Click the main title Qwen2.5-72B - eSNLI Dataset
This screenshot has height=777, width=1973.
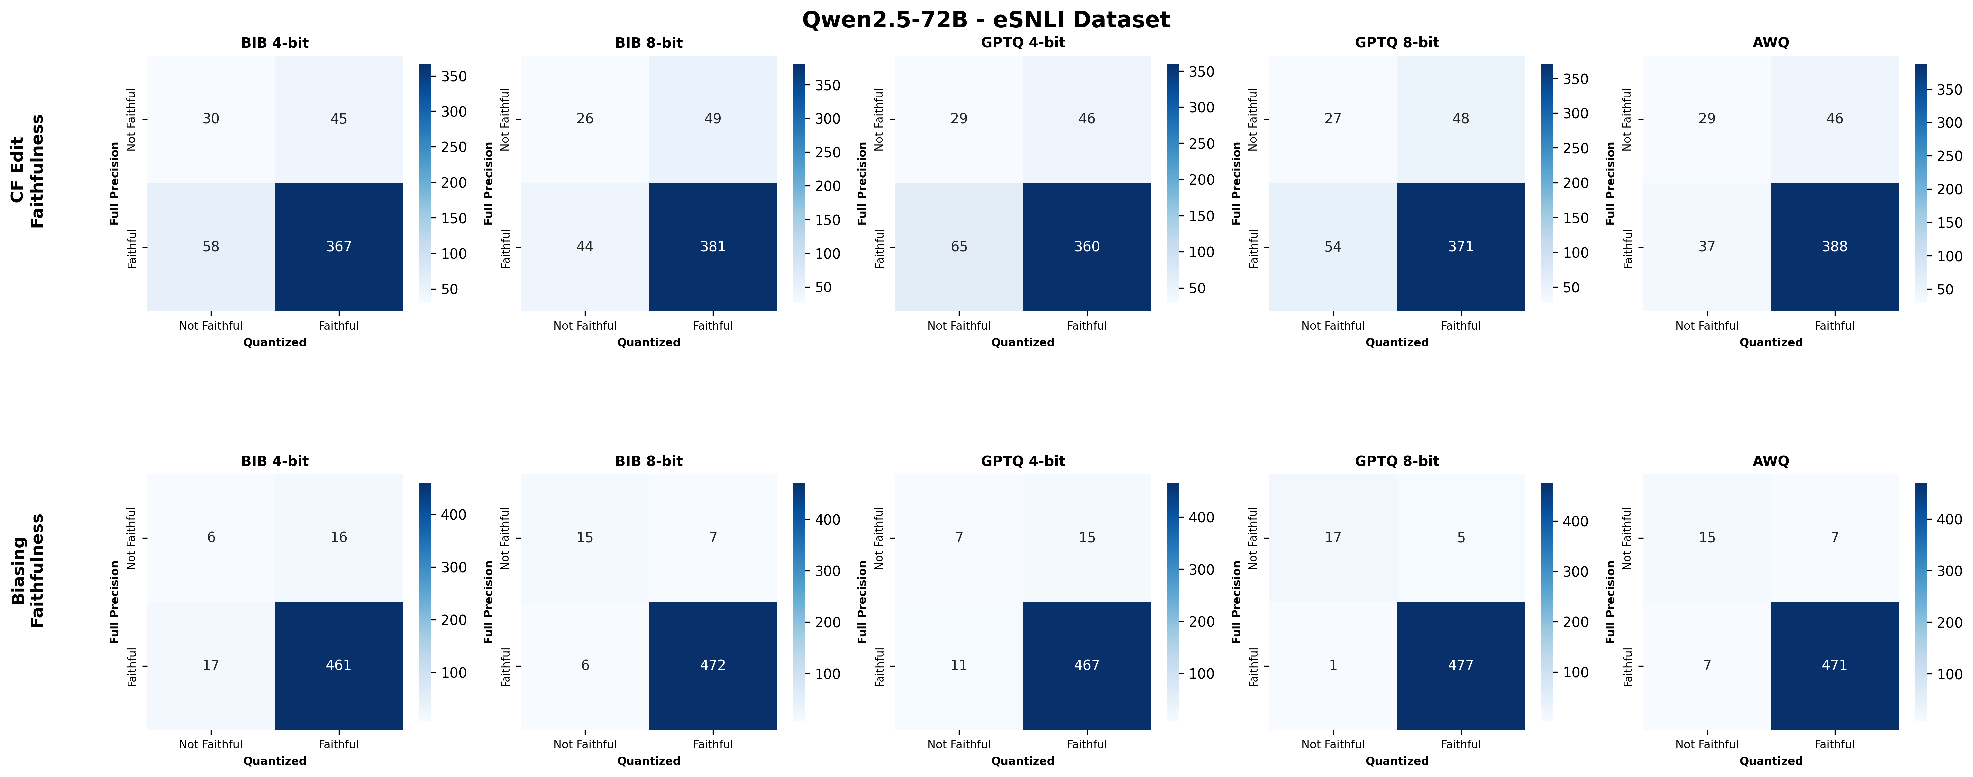coord(986,19)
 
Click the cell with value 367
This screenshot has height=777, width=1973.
coord(339,247)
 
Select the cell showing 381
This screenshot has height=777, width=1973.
coord(712,247)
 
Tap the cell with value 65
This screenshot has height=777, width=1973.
coord(959,247)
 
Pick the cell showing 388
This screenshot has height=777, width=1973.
coord(1834,247)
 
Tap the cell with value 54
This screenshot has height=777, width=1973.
coord(1333,247)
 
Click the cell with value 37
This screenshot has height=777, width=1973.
coord(1707,247)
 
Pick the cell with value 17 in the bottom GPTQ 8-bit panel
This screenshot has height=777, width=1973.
coord(1333,537)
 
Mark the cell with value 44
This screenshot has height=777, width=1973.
coord(585,247)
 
